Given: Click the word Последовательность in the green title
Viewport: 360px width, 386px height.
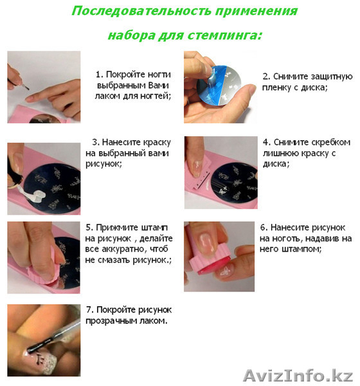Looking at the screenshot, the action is (141, 12).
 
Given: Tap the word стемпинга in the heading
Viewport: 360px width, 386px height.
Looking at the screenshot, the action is (224, 35).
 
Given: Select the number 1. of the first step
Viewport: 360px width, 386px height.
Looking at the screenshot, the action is (99, 75).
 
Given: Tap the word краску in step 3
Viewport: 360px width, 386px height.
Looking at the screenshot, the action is (157, 143).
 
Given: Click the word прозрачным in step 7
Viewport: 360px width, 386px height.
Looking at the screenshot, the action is (111, 321).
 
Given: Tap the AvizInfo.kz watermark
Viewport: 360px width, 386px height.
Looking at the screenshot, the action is (298, 376).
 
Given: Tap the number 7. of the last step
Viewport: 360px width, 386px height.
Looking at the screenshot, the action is (90, 310).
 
